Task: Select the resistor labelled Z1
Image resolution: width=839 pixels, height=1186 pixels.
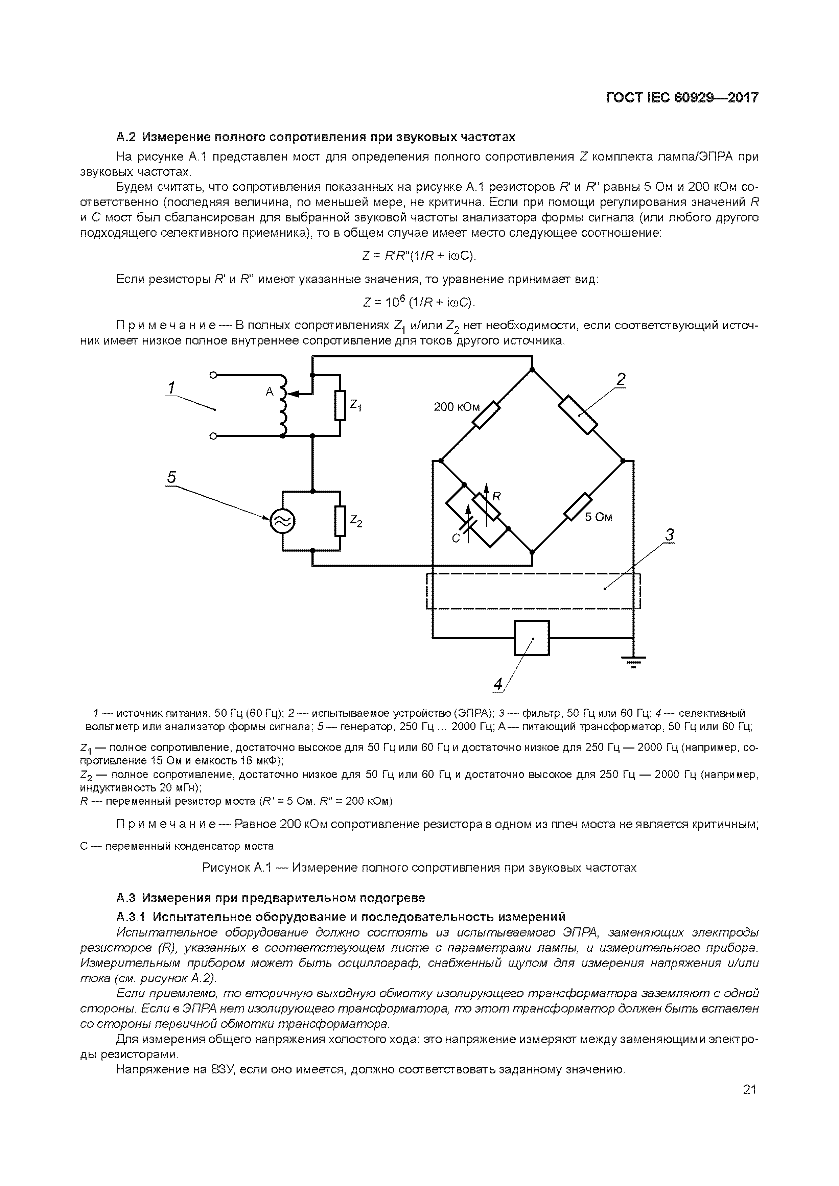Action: click(340, 405)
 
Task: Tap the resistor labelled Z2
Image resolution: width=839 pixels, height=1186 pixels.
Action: click(340, 521)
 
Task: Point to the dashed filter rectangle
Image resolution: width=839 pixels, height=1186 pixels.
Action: click(533, 591)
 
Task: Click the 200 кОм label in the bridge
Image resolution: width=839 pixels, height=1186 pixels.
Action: click(456, 407)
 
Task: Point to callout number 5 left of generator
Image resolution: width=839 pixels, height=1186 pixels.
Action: click(171, 477)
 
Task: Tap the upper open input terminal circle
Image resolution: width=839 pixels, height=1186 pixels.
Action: click(212, 376)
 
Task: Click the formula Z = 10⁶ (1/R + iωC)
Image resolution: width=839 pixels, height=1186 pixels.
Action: click(419, 302)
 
